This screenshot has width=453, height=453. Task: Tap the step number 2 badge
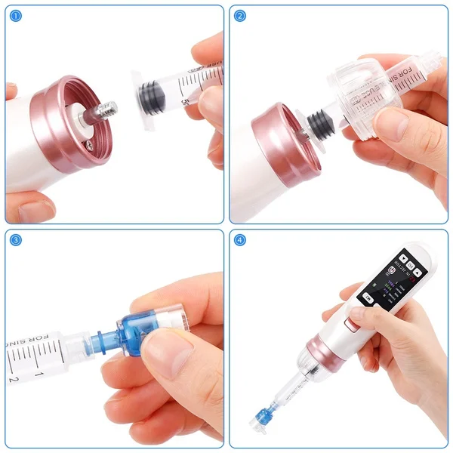pos(241,16)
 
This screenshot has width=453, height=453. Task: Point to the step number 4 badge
pos(241,240)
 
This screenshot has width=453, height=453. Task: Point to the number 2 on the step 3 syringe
pos(13,378)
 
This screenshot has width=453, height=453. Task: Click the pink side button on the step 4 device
pos(349,325)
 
